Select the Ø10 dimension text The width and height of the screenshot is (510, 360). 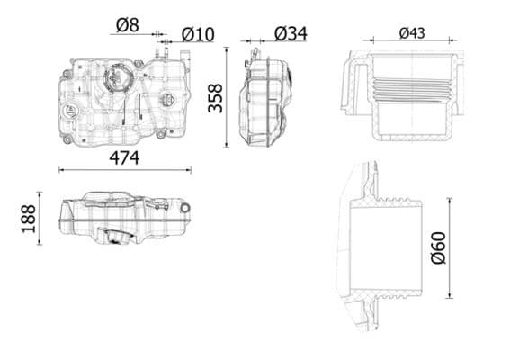[198, 35]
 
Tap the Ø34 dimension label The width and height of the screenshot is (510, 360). [290, 33]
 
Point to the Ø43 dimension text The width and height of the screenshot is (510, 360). [412, 33]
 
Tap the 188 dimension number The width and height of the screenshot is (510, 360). [29, 218]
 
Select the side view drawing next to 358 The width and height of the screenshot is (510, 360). [267, 99]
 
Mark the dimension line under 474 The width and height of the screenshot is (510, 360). [130, 169]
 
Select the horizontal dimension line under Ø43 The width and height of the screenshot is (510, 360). [411, 40]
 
